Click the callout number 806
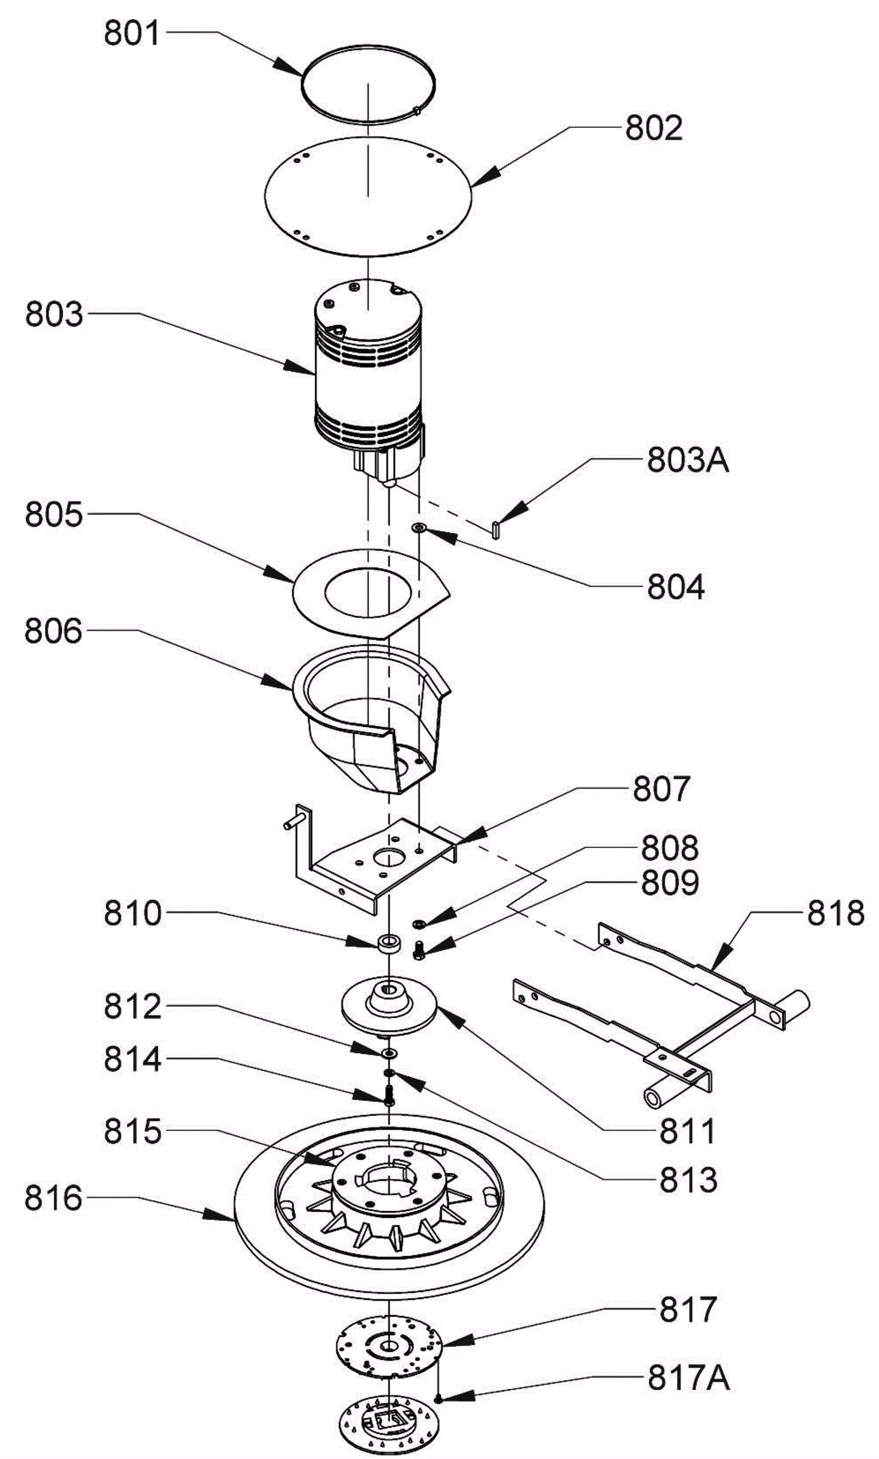point(53,631)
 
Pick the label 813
point(688,1179)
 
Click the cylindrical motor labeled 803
point(369,379)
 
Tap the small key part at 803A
point(497,529)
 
